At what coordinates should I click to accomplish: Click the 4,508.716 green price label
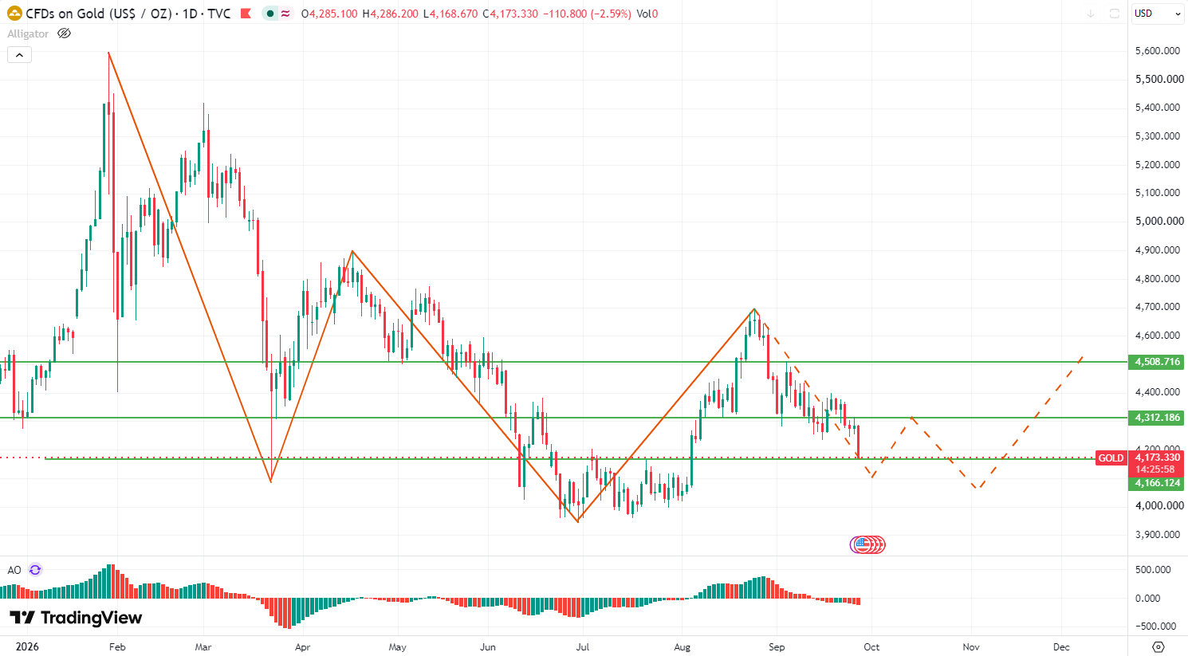click(1156, 362)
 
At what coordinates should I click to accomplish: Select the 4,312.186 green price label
click(1156, 418)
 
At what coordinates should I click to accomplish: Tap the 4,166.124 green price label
click(1156, 482)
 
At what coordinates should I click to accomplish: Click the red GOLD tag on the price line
click(1111, 458)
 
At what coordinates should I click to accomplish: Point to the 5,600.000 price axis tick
click(1158, 51)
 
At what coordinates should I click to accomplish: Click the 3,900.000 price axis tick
click(1158, 534)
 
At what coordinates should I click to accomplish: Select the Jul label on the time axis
click(582, 647)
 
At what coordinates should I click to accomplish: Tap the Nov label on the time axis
click(971, 647)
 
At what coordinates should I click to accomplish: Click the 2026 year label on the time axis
click(27, 647)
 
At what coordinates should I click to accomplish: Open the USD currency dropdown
click(1157, 14)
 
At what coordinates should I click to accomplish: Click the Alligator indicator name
click(28, 34)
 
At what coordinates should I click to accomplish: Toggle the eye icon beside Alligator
click(64, 33)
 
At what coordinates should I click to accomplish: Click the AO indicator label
click(14, 570)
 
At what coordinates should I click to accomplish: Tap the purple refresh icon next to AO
click(35, 570)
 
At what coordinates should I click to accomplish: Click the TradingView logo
click(76, 618)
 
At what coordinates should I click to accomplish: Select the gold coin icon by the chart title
click(14, 14)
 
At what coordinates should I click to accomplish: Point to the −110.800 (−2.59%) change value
click(587, 14)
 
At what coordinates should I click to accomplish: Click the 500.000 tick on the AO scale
click(1153, 570)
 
